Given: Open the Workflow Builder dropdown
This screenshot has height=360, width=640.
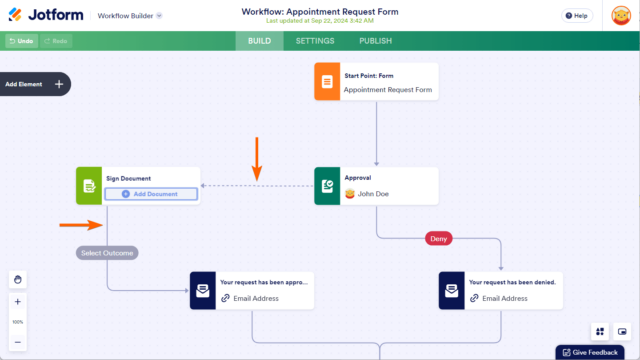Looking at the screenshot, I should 131,16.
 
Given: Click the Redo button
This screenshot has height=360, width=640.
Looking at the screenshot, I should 55,41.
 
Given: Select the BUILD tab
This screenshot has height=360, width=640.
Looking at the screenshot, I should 258,41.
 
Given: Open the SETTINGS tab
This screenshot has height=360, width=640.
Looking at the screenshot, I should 316,41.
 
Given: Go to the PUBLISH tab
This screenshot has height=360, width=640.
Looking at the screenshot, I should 375,41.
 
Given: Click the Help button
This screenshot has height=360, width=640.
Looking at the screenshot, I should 575,16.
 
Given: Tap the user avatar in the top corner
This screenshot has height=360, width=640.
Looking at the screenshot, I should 619,16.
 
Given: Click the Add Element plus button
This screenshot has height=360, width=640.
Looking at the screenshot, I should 59,84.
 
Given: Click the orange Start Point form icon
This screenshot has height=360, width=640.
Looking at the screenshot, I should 326,82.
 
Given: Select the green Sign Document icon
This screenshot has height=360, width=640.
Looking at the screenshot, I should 89,186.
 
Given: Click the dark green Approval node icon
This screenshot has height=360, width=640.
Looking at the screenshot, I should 327,186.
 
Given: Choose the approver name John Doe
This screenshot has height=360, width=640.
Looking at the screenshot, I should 372,194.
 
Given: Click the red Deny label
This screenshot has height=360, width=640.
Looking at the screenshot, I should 438,238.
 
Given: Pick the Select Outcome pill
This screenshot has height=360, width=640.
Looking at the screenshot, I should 107,252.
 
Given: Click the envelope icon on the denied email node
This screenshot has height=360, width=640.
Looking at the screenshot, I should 451,290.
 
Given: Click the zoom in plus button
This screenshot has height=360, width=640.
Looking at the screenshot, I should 18,302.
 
